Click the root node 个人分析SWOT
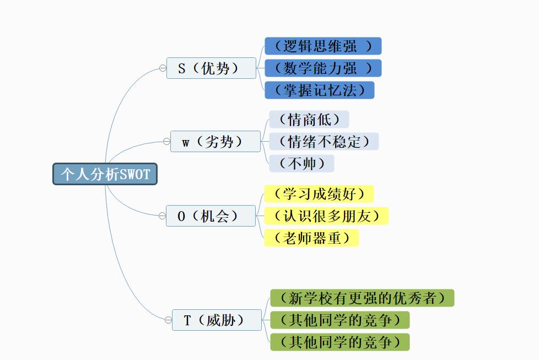(105, 174)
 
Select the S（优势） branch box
(212, 68)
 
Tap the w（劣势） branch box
(215, 141)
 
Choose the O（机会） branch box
(211, 216)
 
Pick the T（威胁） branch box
(217, 320)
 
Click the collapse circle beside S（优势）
(163, 68)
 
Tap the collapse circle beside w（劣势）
(166, 141)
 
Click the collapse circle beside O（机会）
(162, 216)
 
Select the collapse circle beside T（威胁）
(168, 320)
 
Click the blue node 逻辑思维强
(323, 46)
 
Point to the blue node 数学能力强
(323, 68)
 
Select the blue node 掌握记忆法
(319, 90)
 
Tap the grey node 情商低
(309, 119)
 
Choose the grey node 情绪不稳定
(324, 141)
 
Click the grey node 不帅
(301, 163)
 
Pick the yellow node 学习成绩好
(319, 194)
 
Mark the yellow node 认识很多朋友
(326, 216)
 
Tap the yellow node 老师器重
(311, 238)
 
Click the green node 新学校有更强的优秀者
(362, 298)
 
